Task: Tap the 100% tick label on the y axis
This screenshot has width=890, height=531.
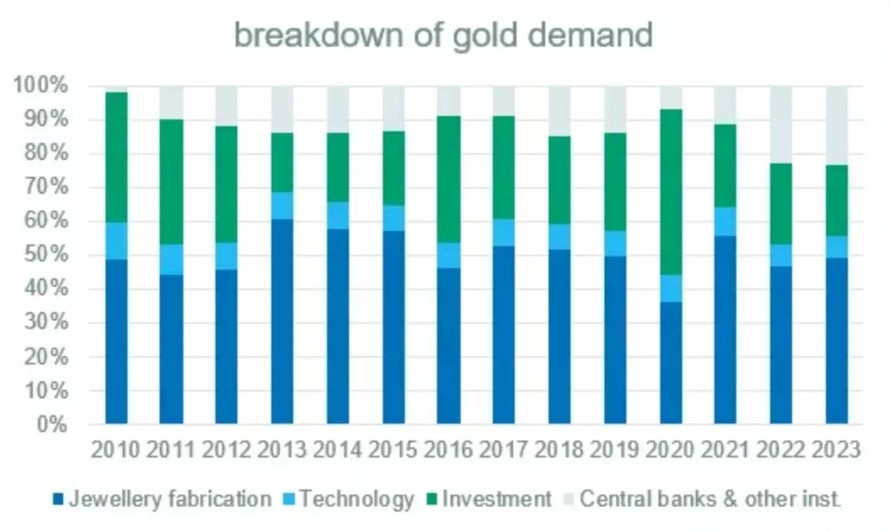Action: (40, 85)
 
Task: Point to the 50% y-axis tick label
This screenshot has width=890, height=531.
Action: (46, 254)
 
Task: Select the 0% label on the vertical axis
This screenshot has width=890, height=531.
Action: (52, 424)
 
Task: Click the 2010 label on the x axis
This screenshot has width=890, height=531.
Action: (115, 450)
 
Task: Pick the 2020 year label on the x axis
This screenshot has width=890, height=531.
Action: (670, 450)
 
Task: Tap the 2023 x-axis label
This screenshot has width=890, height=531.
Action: (836, 450)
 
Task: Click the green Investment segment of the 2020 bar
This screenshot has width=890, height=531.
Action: (671, 192)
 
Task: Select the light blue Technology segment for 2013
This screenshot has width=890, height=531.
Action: (282, 206)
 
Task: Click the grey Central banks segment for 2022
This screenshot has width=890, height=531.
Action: (781, 125)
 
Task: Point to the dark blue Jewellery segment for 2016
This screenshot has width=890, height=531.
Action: (448, 346)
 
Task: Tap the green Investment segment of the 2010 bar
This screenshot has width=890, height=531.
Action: (116, 158)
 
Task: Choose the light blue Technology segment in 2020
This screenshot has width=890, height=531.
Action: (671, 288)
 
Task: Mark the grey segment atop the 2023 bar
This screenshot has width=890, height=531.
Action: (836, 126)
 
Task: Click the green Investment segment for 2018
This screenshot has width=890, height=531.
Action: (560, 180)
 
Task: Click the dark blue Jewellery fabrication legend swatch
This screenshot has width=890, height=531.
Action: (58, 499)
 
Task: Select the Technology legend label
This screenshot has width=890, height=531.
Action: (357, 499)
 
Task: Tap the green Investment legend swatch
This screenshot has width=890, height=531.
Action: (432, 499)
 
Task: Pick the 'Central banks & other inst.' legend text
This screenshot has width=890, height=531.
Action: (710, 498)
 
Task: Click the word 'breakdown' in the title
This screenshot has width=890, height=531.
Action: (318, 35)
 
